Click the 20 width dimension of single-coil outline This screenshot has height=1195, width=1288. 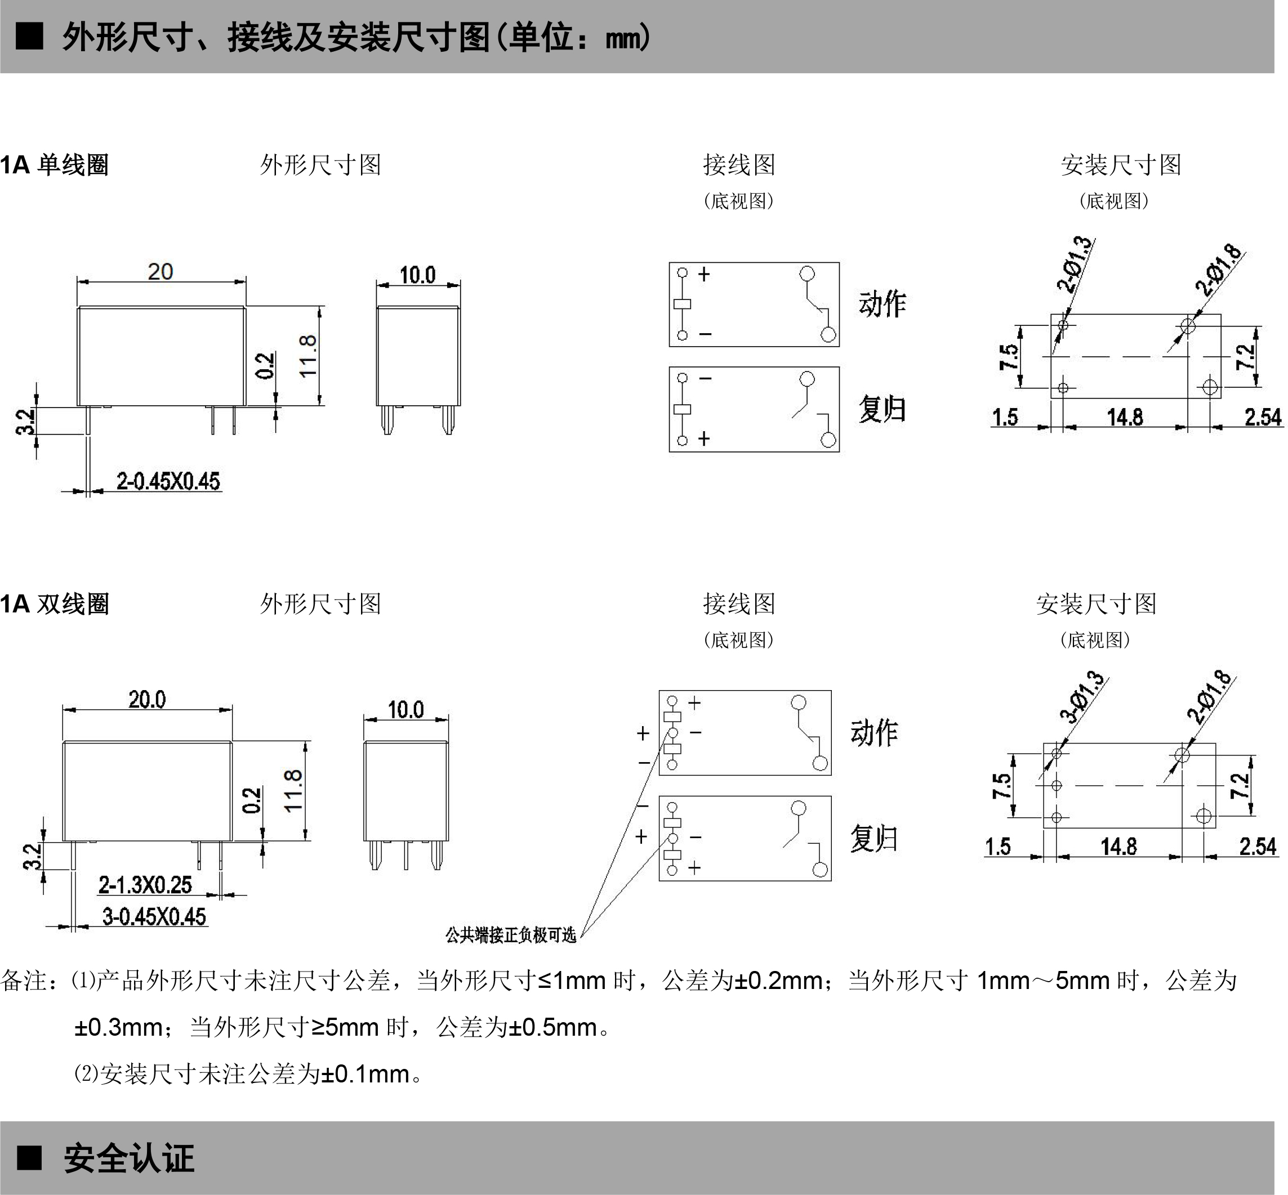[x=161, y=271]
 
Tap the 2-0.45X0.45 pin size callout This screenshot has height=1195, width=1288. [x=168, y=481]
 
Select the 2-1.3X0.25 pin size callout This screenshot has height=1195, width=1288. [x=145, y=885]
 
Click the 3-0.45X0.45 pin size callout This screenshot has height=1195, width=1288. [x=154, y=916]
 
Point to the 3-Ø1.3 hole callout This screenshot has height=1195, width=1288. [x=1082, y=697]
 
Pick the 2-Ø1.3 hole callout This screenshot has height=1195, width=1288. [x=1075, y=265]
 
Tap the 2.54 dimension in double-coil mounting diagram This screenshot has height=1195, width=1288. [x=1258, y=847]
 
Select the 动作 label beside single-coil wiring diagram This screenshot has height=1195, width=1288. [x=883, y=303]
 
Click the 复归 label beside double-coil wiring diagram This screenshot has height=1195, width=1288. [x=874, y=838]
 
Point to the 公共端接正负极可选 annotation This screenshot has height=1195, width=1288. [x=510, y=935]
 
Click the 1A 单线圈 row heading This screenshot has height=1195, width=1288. [x=54, y=165]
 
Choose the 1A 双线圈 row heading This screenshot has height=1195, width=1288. [x=54, y=604]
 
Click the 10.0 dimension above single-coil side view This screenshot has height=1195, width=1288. [x=417, y=275]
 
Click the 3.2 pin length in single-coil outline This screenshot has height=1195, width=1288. [x=25, y=422]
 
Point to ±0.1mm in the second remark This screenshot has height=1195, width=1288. [x=366, y=1074]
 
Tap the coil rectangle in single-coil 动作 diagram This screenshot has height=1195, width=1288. [x=682, y=304]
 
